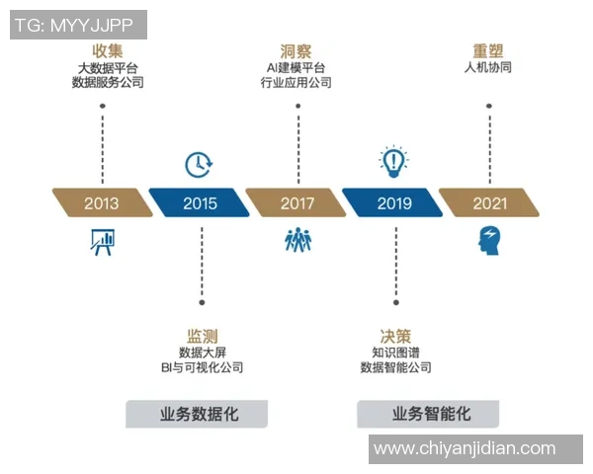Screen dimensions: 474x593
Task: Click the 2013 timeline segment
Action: click(x=102, y=203)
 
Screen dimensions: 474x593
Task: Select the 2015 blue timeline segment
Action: click(x=200, y=203)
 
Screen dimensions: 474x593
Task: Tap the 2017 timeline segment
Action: click(x=296, y=203)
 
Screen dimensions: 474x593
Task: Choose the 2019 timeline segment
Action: click(x=394, y=203)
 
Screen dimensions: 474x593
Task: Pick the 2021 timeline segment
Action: click(x=490, y=203)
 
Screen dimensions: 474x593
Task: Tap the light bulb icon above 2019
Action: click(x=394, y=160)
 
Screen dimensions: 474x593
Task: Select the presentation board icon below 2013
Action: click(x=102, y=242)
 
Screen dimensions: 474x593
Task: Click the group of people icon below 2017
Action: click(x=297, y=240)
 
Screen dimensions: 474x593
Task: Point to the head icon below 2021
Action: click(x=490, y=238)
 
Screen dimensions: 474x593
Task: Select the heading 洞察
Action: click(x=297, y=50)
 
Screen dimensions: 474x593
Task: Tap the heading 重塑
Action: click(x=490, y=50)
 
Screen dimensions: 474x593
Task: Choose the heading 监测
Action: click(x=202, y=335)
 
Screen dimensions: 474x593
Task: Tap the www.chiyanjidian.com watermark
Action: click(x=465, y=449)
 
